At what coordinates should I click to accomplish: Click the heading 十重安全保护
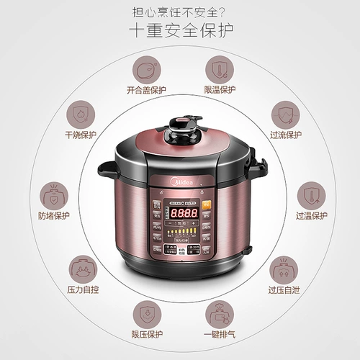(180, 32)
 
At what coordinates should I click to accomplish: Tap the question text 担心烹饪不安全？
(180, 11)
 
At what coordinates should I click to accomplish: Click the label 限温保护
(220, 90)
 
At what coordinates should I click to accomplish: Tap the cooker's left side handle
(108, 171)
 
